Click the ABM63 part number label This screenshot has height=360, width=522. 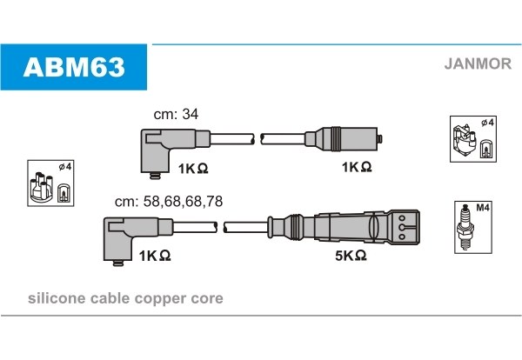click(73, 66)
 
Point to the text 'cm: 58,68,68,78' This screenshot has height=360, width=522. click(169, 201)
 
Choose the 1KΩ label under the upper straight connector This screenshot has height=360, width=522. click(357, 166)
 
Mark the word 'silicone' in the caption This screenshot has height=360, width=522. click(55, 298)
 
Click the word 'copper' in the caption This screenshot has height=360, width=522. click(163, 298)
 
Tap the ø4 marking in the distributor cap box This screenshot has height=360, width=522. click(64, 167)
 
